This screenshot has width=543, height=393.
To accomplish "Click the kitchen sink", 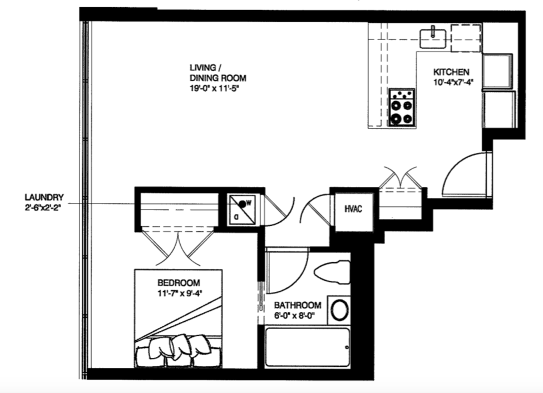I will click(x=433, y=38).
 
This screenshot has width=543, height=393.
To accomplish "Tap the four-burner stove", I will click(x=401, y=106).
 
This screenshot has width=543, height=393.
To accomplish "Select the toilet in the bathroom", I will click(x=331, y=273).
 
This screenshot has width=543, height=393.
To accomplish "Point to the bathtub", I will click(x=307, y=347).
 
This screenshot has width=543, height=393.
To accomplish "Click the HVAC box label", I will click(x=353, y=209).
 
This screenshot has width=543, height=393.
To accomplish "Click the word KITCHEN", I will click(x=452, y=72).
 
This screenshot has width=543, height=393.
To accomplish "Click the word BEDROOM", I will click(x=178, y=282).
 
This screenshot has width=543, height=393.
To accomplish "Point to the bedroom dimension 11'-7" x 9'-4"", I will click(x=178, y=292).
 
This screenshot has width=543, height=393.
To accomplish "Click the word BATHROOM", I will click(x=298, y=305).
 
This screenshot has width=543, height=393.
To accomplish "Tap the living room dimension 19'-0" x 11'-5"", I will click(x=216, y=88).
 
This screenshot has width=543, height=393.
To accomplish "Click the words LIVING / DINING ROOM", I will click(x=217, y=73).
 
